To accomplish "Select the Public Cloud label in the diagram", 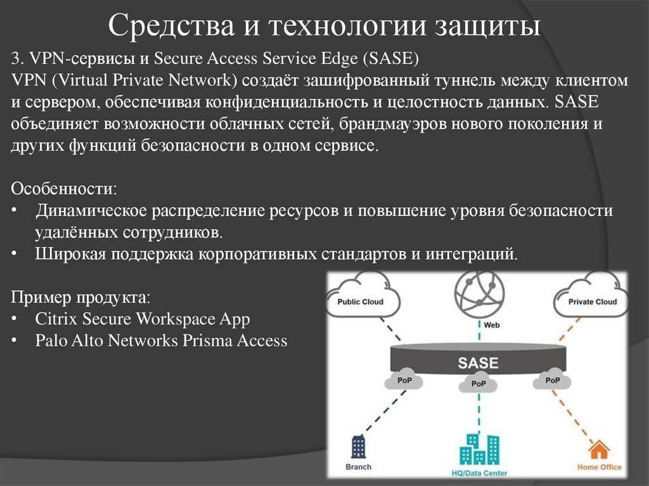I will [x=360, y=302].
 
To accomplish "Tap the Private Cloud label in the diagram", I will [x=593, y=302].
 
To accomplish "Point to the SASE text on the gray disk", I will [x=479, y=364].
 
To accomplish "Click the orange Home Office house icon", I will [x=598, y=450].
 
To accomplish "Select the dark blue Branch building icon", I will [x=359, y=447].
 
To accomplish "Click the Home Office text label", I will [x=599, y=468].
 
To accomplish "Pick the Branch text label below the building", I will [x=359, y=467].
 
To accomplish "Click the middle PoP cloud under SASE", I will [x=479, y=383].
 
